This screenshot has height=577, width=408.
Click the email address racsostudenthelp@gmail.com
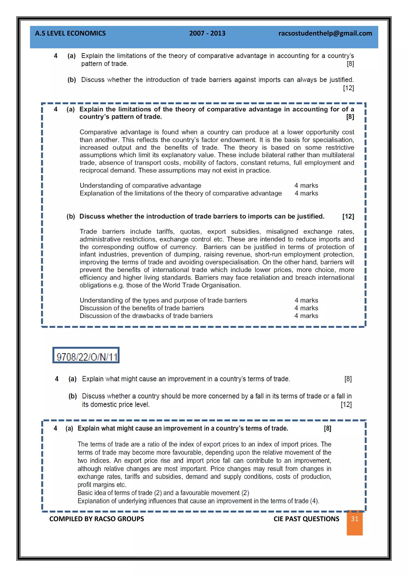click(x=325, y=33)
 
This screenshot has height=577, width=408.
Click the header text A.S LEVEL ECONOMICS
click(x=70, y=33)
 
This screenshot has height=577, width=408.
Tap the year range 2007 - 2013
click(x=207, y=33)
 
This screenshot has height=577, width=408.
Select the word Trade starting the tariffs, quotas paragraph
click(x=88, y=232)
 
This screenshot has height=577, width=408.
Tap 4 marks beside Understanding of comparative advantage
click(x=306, y=185)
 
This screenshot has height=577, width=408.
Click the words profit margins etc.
click(x=102, y=485)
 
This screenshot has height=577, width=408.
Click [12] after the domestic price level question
click(x=346, y=405)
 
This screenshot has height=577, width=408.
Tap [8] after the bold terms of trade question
click(x=327, y=429)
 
